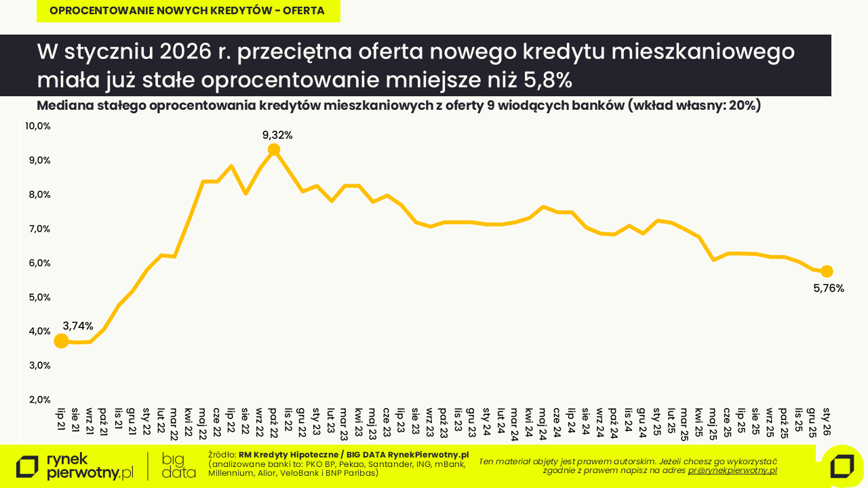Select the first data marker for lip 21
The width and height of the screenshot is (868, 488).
pos(61,340)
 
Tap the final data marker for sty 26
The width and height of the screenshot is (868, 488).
pos(827,271)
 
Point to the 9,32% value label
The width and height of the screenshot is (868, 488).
pos(277,135)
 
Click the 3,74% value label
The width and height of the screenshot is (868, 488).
pos(78,326)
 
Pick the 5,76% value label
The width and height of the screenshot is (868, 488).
pos(828,288)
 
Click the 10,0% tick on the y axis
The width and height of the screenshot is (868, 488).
pos(38,126)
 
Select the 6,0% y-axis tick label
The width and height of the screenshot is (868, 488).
pos(38,263)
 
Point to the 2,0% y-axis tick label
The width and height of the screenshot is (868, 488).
pos(38,399)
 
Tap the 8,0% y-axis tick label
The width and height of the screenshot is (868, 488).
pos(38,195)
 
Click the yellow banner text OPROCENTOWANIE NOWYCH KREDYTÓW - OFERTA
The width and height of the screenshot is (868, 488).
pos(187,11)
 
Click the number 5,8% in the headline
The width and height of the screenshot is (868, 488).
pos(548,80)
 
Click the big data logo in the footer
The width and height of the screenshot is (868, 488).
pos(179,466)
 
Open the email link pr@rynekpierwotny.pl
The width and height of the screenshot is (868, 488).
pos(732,470)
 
